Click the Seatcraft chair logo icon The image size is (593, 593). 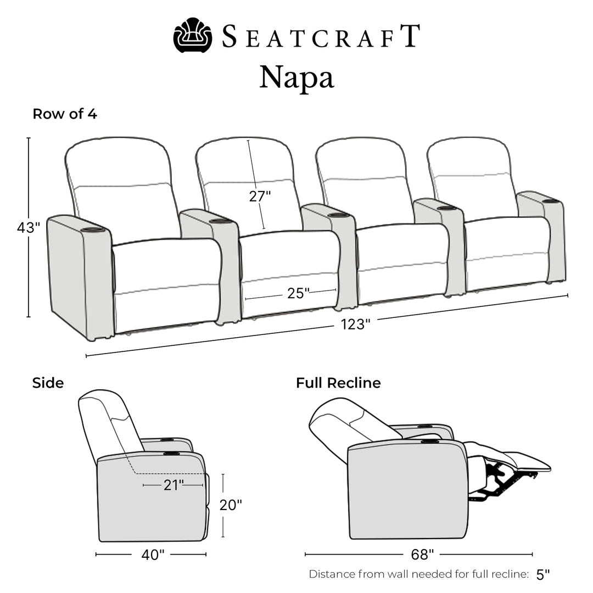[x=193, y=35]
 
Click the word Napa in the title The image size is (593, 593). [x=297, y=78]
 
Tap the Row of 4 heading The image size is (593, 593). [x=65, y=114]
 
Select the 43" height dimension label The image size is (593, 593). [x=29, y=228]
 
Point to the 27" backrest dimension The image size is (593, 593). [x=260, y=196]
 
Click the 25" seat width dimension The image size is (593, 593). [x=298, y=293]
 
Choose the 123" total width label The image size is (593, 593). [x=355, y=324]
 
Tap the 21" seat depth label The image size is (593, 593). [x=174, y=485]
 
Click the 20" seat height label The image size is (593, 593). [x=231, y=505]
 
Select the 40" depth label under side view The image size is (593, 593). [x=153, y=555]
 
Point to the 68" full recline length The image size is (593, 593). [x=422, y=555]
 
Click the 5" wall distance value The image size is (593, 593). [x=542, y=574]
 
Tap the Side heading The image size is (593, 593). [x=48, y=383]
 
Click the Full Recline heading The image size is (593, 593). [x=338, y=383]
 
